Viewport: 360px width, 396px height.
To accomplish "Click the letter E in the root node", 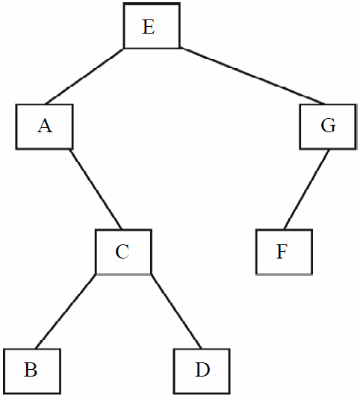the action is pos(149,27).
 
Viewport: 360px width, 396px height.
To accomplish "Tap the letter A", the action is pos(46,126).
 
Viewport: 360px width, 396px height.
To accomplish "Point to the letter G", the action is pos(328,126).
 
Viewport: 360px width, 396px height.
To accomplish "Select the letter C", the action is pos(122,252).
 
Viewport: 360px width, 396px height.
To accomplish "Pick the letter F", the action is pos(282,252).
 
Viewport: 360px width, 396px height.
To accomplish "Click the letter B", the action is pos(31,370).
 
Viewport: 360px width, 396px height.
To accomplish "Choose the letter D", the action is pos(202,370).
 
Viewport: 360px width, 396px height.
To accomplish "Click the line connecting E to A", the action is pos(84,76).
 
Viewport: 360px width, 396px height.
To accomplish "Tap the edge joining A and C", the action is pos(96,189).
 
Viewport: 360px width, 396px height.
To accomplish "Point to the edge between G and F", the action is pos(306,189).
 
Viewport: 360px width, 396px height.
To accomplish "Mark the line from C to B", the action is pos(66,312).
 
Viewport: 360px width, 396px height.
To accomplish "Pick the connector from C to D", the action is pos(176,312).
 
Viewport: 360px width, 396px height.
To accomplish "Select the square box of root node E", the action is pos(152,3).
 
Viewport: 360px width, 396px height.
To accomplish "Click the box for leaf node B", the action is pos(32,350).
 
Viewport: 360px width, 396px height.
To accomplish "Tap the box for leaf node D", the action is pos(202,350).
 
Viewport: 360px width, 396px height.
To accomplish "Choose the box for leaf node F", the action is pos(285,230).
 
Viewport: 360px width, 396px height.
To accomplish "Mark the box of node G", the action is pos(328,105).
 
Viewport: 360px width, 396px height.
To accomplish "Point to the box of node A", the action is pos(44,105).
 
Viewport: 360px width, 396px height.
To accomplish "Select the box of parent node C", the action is pos(124,230).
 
